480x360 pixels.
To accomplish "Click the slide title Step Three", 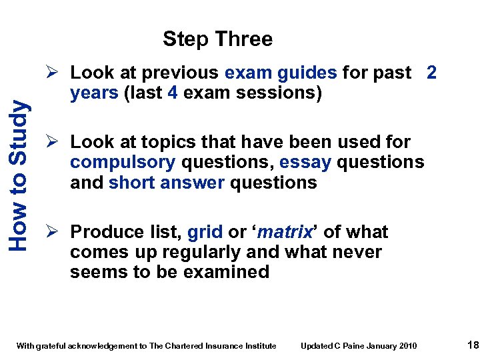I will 217,39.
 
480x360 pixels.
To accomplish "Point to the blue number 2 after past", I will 431,72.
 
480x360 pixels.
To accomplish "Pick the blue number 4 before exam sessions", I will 172,93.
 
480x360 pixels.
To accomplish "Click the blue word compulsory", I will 123,162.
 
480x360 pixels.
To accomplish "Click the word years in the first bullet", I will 95,93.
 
